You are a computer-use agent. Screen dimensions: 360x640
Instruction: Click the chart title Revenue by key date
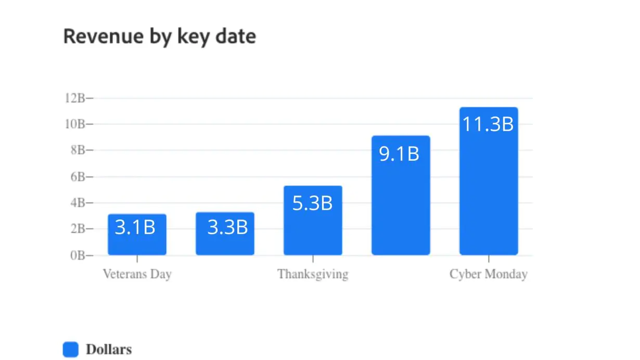(159, 37)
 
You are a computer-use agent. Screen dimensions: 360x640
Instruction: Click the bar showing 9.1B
(401, 208)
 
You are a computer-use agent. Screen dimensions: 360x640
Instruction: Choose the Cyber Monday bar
(489, 198)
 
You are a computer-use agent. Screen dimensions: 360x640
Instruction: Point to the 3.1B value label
(135, 227)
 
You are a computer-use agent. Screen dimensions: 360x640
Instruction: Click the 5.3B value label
(312, 203)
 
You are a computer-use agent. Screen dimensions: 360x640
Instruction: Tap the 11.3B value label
(488, 124)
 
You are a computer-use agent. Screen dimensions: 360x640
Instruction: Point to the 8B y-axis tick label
(79, 150)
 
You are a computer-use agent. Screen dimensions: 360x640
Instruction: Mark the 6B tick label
(79, 177)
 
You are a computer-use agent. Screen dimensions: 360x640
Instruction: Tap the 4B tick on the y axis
(79, 203)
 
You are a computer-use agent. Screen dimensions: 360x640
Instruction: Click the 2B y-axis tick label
(79, 229)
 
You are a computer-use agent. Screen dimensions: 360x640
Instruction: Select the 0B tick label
(79, 255)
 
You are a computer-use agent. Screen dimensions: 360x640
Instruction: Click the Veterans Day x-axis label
(137, 274)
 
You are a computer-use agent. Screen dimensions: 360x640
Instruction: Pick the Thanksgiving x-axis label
(313, 274)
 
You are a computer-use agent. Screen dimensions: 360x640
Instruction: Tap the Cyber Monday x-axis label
(489, 274)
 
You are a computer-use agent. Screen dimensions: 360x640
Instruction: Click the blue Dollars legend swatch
(70, 350)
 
